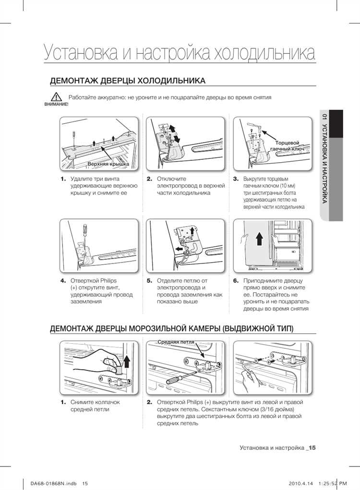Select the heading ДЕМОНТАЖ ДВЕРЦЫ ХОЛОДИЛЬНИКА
pyautogui.click(x=128, y=80)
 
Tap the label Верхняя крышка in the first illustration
pyautogui.click(x=108, y=165)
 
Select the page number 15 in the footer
pyautogui.click(x=312, y=448)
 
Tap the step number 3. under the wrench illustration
pyautogui.click(x=236, y=179)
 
